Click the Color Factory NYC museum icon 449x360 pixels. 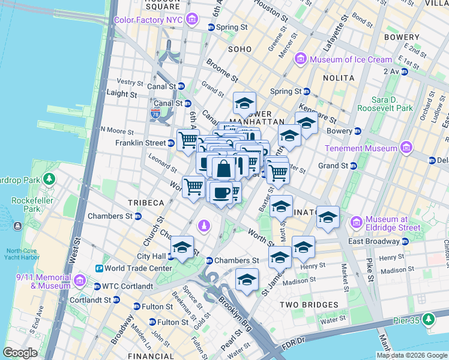[191, 20]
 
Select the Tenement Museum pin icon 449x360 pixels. [407, 148]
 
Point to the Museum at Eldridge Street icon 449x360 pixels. [356, 223]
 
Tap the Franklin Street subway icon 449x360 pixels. [171, 143]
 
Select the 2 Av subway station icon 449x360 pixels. [404, 71]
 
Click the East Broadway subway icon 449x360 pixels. [405, 241]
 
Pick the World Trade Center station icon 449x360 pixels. [99, 268]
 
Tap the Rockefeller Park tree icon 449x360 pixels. [50, 178]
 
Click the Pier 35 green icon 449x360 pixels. [429, 321]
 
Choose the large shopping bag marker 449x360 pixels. [223, 169]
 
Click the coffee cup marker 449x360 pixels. [221, 192]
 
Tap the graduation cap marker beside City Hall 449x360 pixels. [181, 247]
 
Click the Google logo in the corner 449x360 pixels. [20, 353]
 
